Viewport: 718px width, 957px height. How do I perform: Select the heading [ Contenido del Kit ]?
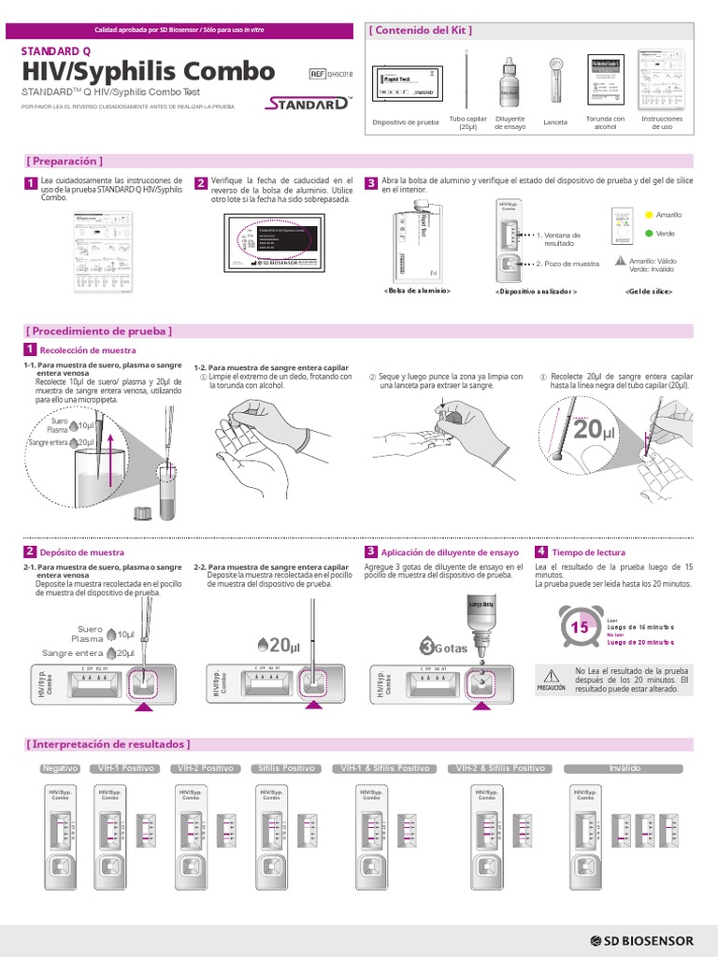421,30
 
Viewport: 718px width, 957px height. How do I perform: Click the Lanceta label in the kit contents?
555,122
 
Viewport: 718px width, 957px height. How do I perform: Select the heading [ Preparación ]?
65,161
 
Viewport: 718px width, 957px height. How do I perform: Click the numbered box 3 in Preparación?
371,182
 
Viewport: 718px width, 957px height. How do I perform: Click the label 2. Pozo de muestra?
567,264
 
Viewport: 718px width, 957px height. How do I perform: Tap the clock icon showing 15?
580,627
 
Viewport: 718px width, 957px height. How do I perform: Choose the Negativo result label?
60,768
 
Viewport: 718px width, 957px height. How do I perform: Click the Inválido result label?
625,768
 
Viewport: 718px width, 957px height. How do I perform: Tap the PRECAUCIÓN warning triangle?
551,675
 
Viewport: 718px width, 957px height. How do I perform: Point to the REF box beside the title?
318,76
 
